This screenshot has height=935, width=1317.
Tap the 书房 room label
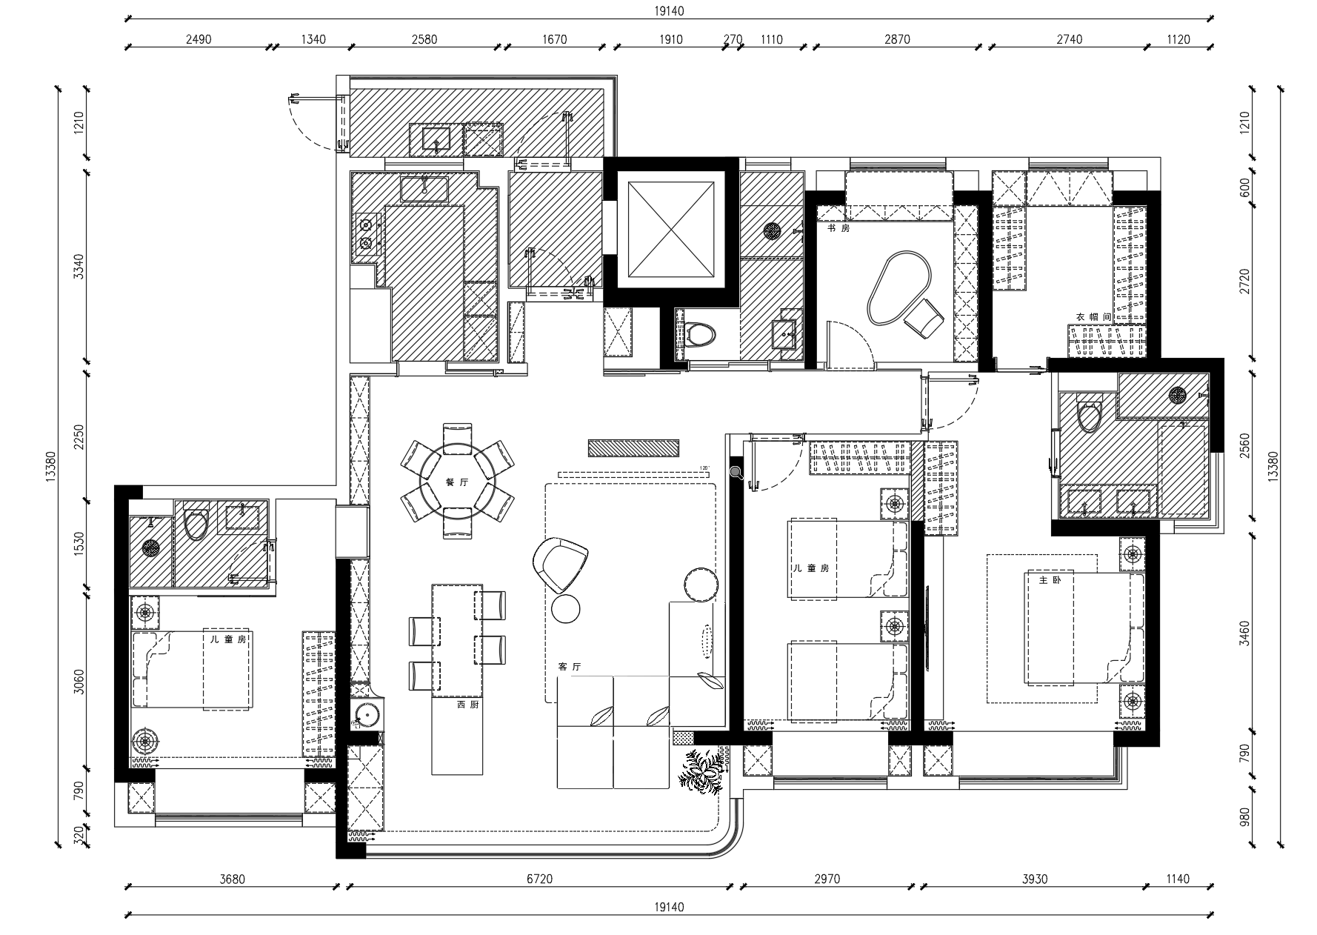click(838, 229)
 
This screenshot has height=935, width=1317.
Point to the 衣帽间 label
click(1093, 317)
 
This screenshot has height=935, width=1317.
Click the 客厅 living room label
click(569, 667)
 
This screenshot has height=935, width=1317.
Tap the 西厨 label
click(467, 705)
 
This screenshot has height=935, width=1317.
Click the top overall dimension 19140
click(669, 11)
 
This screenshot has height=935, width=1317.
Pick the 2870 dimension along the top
click(897, 39)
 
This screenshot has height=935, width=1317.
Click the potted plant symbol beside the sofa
click(700, 772)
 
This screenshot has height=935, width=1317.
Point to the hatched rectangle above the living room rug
click(633, 448)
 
